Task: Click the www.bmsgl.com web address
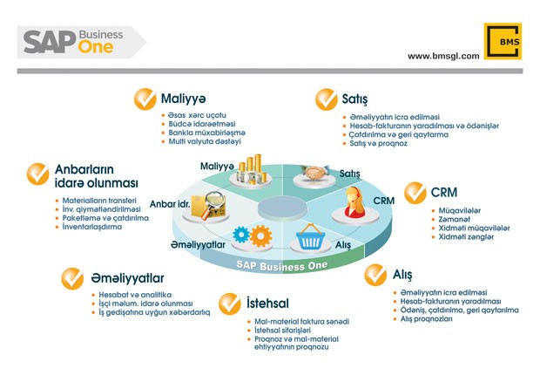tap(443, 56)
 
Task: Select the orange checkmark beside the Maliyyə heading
tap(145, 98)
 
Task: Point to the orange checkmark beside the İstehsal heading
tap(230, 303)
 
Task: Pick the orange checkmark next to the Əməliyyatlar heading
tap(72, 277)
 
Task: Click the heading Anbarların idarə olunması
tap(96, 175)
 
